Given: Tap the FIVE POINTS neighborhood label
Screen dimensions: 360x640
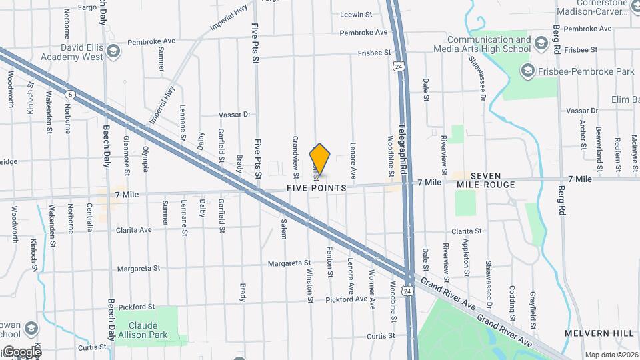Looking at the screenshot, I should point(317,189).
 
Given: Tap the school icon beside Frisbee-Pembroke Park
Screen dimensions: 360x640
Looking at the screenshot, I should point(528,70).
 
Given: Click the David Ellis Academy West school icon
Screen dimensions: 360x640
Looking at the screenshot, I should point(113,51).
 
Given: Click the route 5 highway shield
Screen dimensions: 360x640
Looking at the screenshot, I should point(71,95).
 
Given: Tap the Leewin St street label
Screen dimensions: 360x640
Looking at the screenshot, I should point(355,14).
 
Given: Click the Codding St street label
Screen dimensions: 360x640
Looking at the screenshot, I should point(512,301).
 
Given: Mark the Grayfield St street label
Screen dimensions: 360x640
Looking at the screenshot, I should point(533,307).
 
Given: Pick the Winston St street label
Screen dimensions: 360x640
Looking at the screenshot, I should point(310,286).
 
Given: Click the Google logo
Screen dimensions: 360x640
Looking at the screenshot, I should point(22,351).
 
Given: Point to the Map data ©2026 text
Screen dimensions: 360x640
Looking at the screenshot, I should point(611,355).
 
